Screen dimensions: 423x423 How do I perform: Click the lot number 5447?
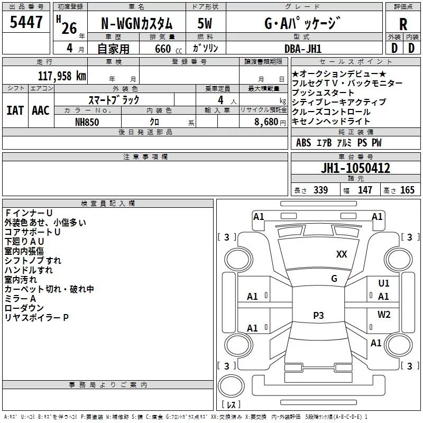pyautogui.click(x=26, y=22)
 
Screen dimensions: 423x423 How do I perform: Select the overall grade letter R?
pyautogui.click(x=403, y=24)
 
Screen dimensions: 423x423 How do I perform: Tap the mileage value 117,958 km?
pyautogui.click(x=62, y=76)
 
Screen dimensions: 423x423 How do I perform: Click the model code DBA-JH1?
pyautogui.click(x=303, y=49)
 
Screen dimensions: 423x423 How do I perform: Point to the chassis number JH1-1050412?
pyautogui.click(x=355, y=168)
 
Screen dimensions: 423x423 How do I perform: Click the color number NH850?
pyautogui.click(x=87, y=122)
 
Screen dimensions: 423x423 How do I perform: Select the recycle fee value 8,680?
pyautogui.click(x=266, y=122)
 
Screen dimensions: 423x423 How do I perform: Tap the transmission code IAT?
pyautogui.click(x=15, y=111)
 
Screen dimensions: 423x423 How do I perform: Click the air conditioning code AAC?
pyautogui.click(x=41, y=111)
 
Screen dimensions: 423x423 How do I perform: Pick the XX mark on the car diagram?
pyautogui.click(x=342, y=254)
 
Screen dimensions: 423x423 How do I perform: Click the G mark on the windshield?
pyautogui.click(x=334, y=279)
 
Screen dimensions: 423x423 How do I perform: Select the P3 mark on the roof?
pyautogui.click(x=318, y=315)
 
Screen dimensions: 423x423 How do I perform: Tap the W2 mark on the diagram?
pyautogui.click(x=384, y=314)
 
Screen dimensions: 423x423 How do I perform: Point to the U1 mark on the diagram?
pyautogui.click(x=384, y=283)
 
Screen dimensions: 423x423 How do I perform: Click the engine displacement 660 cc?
pyautogui.click(x=168, y=49)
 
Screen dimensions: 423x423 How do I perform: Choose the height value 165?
pyautogui.click(x=407, y=190)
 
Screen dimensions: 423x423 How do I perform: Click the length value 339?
pyautogui.click(x=320, y=190)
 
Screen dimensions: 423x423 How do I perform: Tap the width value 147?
pyautogui.click(x=365, y=190)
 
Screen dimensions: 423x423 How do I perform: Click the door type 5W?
pyautogui.click(x=205, y=23)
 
